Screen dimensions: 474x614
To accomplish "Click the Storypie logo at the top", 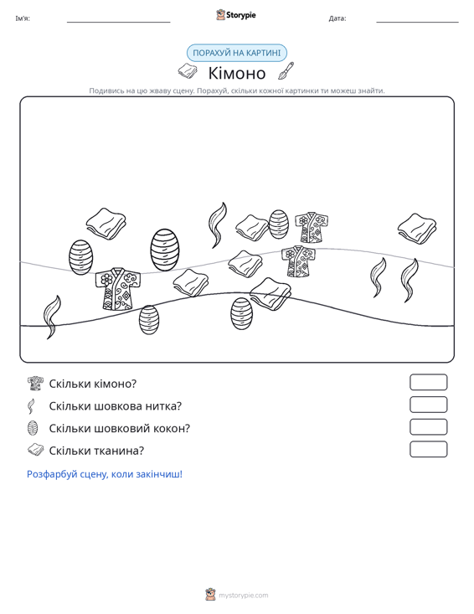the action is (x=236, y=15).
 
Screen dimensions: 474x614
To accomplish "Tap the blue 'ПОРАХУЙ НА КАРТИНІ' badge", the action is (x=237, y=53).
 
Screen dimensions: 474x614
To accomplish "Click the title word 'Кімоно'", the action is (x=237, y=73).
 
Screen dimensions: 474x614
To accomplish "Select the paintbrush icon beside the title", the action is (x=286, y=71).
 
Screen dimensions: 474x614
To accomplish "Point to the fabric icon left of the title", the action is (x=188, y=71).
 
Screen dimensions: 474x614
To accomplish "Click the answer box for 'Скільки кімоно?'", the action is (x=428, y=382).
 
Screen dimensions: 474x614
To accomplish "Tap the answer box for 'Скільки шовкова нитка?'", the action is (x=428, y=405).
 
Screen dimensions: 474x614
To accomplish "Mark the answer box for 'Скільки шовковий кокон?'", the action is (x=428, y=427).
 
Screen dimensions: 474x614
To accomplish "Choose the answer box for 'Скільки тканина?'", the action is (x=428, y=449).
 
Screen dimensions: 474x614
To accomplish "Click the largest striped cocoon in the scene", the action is (x=165, y=250).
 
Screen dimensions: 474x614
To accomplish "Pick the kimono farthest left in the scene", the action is (x=118, y=289).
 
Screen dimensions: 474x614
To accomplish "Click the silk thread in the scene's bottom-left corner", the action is (x=52, y=317).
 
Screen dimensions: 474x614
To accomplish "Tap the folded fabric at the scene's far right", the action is (x=417, y=229).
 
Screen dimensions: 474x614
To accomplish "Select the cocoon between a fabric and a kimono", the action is (x=279, y=224).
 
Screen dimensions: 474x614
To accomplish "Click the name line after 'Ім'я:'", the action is (x=119, y=22).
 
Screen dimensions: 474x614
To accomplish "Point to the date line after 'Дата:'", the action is (x=417, y=22).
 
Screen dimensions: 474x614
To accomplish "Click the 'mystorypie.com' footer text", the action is (x=243, y=596).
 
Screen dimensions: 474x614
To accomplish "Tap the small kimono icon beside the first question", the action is (x=36, y=384).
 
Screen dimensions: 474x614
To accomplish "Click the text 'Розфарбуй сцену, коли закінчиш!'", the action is (x=105, y=474).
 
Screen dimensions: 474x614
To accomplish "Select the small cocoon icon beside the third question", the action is (x=33, y=428).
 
